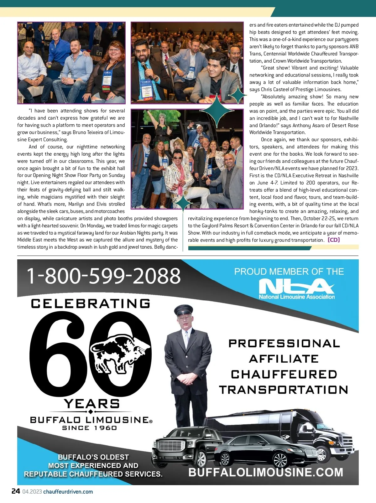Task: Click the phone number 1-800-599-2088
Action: pyautogui.click(x=104, y=276)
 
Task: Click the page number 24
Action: pyautogui.click(x=16, y=491)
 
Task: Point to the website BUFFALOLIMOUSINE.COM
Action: pyautogui.click(x=266, y=472)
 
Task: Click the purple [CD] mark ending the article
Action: pyautogui.click(x=334, y=240)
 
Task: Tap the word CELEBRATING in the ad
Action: pyautogui.click(x=91, y=303)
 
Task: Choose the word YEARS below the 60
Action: pyautogui.click(x=91, y=403)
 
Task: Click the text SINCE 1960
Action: pyautogui.click(x=90, y=428)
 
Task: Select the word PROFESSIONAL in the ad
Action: pyautogui.click(x=284, y=343)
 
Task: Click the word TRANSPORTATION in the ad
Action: pyautogui.click(x=284, y=390)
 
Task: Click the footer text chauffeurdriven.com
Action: pyautogui.click(x=68, y=491)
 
